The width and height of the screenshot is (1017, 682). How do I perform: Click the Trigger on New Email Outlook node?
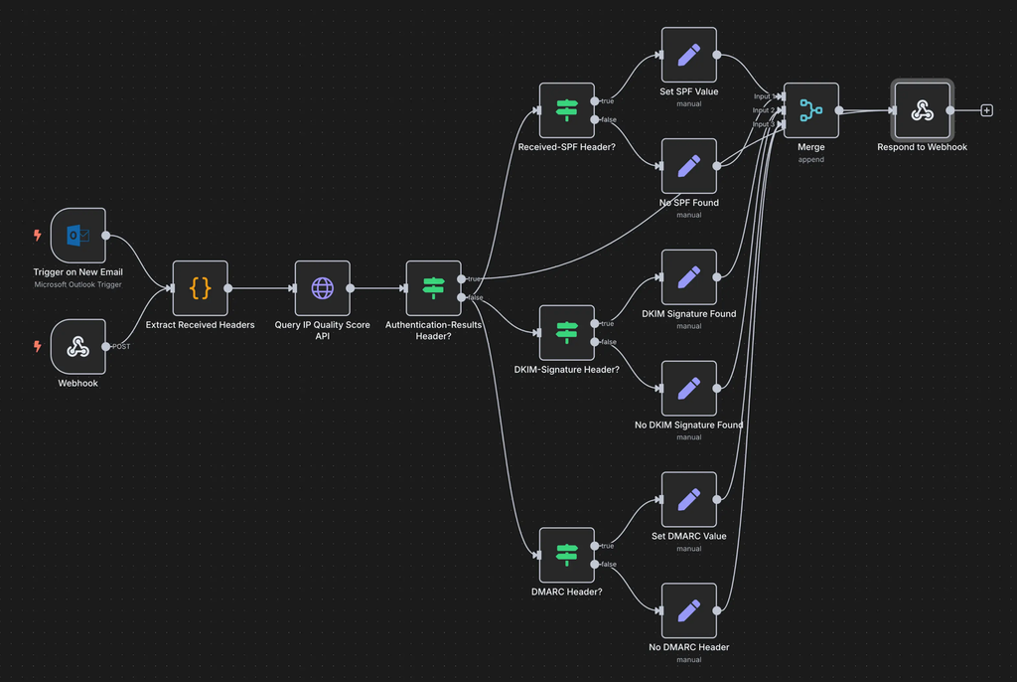(77, 236)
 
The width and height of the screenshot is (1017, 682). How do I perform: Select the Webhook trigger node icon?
(77, 347)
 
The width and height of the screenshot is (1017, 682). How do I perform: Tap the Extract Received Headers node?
(201, 288)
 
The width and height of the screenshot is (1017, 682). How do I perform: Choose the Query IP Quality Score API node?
(323, 288)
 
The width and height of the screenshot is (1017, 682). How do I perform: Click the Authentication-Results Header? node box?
(434, 288)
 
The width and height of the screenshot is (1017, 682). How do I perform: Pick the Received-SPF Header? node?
(567, 110)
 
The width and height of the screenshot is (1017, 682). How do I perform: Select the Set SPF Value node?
(689, 55)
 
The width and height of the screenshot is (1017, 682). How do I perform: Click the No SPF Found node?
(689, 166)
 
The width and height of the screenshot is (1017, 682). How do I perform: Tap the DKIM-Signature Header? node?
(567, 333)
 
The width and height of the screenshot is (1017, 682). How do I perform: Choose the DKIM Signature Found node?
(689, 277)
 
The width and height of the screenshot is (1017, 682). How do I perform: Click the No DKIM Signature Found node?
(689, 389)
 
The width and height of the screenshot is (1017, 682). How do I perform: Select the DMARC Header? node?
(567, 555)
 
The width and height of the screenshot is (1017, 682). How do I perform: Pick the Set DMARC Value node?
(689, 499)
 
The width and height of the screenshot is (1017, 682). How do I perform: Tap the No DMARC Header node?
(689, 610)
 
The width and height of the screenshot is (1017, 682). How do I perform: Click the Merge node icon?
(811, 110)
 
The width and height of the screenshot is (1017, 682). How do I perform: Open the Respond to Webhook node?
(923, 110)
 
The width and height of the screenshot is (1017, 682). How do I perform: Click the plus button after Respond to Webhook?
(987, 110)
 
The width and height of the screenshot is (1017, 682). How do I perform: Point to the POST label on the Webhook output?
(121, 347)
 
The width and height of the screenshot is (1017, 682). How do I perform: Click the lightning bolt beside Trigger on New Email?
(38, 236)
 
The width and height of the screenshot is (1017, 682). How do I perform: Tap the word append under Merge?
(811, 159)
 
